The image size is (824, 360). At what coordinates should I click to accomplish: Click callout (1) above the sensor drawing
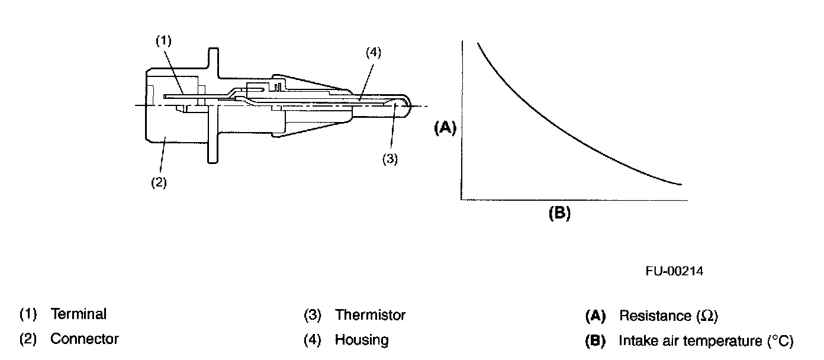coord(163,41)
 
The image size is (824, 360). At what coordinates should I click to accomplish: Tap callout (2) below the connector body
coord(158,182)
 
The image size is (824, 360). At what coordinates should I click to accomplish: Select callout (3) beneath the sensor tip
coord(390,159)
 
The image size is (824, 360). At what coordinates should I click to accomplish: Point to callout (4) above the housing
coord(373,52)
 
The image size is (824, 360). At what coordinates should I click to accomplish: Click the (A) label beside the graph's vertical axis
coord(445,128)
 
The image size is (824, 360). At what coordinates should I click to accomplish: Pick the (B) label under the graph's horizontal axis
coord(559,214)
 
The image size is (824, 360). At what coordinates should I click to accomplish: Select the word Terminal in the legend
coord(78,314)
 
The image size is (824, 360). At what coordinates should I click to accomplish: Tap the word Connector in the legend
coord(84,339)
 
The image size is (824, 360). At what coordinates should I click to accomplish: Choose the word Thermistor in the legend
coord(370,315)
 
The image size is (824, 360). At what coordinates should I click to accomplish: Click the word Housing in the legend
coord(362,340)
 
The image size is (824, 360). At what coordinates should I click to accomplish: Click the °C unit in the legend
coord(780,341)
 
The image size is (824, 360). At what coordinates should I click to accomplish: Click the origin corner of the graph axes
coord(461,200)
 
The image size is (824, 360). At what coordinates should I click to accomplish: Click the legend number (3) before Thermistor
coord(312,315)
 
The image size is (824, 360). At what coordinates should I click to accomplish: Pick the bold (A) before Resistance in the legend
coord(596,316)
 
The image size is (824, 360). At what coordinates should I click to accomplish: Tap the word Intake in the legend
coord(634,341)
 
